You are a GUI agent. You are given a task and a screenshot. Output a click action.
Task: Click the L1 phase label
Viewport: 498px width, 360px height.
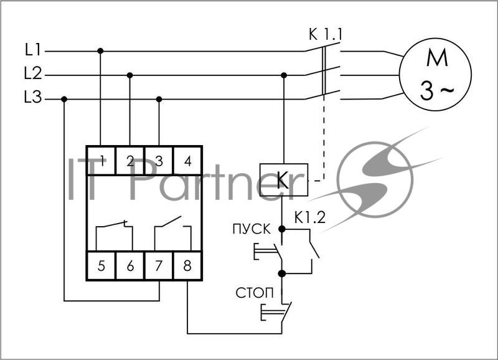point(33,50)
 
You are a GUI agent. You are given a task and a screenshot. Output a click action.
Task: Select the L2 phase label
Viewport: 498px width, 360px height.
point(33,73)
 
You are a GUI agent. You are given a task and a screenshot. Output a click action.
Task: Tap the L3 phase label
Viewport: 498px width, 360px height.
point(33,97)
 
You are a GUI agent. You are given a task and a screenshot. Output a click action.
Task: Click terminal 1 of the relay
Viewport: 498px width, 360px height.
point(101,161)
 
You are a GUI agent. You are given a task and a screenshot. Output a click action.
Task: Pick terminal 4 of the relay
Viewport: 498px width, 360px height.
point(188,161)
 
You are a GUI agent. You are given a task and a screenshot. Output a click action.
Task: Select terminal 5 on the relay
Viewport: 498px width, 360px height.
point(101,265)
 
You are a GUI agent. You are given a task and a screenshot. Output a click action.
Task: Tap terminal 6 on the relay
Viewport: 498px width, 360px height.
point(130,265)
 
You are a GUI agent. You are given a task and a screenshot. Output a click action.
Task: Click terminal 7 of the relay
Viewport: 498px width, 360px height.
point(159,265)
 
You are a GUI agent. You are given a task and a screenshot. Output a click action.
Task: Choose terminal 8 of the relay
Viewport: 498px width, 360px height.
point(187,265)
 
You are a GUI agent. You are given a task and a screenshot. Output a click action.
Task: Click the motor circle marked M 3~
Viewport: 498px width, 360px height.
point(435,74)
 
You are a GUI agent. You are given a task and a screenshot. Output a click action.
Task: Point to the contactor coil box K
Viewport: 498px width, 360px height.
point(284,180)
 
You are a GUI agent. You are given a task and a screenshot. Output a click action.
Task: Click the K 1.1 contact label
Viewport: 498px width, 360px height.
point(326,35)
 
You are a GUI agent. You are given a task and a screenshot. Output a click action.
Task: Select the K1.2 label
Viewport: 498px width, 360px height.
point(310,217)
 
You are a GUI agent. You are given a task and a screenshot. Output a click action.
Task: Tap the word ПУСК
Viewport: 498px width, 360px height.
point(251,229)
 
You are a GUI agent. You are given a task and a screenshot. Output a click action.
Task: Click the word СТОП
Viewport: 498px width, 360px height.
point(255,293)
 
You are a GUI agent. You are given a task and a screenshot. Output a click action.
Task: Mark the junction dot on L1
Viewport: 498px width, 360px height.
point(100,51)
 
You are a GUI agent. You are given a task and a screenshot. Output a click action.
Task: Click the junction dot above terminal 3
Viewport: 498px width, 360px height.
point(159,100)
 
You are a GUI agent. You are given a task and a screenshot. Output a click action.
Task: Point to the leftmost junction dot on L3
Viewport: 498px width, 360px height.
point(64,100)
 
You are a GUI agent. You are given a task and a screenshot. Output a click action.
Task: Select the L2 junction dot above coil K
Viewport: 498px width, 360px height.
point(284,75)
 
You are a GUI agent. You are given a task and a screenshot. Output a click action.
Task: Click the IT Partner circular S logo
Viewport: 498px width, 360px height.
point(375,179)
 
